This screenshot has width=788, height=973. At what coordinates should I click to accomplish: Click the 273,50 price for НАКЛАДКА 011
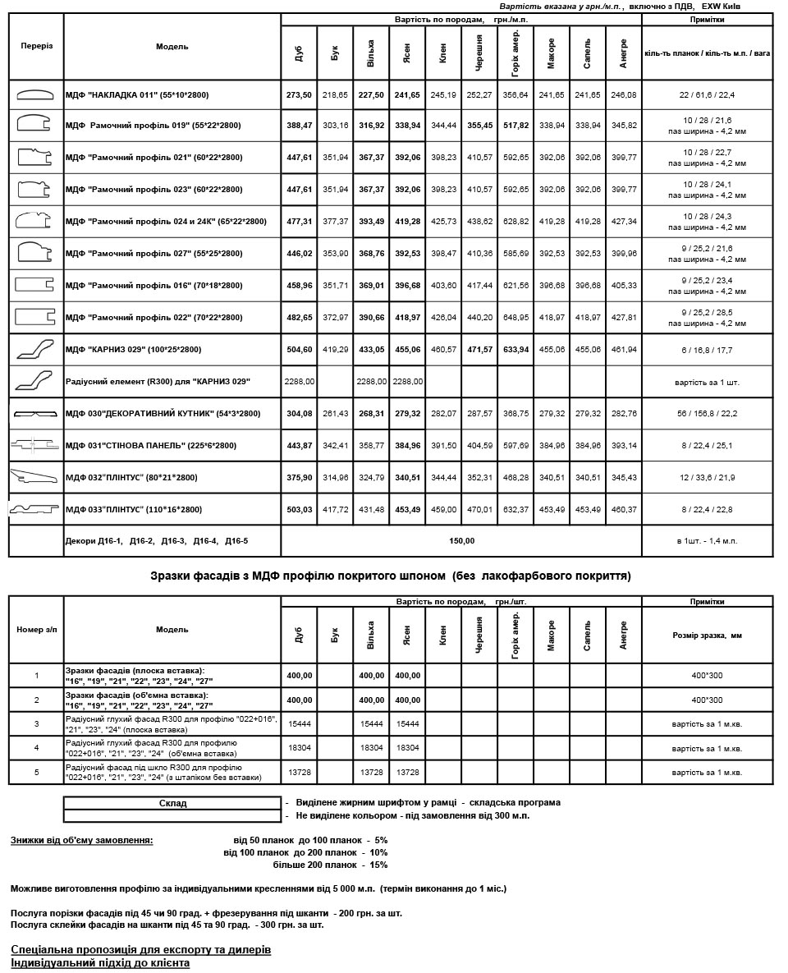[x=298, y=95]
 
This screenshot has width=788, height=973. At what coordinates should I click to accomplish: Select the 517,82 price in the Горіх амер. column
[x=515, y=126]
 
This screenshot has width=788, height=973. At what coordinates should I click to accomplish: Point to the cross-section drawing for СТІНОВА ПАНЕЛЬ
[x=35, y=445]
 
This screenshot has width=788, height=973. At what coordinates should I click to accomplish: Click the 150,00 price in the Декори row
[x=461, y=541]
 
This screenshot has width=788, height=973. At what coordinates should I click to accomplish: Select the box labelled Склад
[x=172, y=803]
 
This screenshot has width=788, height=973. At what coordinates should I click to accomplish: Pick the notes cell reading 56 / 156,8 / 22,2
[x=706, y=414]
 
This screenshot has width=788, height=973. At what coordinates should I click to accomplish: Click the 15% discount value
[x=378, y=865]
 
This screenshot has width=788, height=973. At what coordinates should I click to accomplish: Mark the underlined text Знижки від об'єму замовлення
[x=81, y=841]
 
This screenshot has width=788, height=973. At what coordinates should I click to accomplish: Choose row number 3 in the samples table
[x=36, y=724]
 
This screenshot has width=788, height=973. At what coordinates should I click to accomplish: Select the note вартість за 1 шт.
[x=706, y=382]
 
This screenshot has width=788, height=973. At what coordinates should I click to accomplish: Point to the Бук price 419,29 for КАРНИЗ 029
[x=335, y=350]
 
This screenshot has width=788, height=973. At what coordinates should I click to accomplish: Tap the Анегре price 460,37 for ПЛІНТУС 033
[x=623, y=510]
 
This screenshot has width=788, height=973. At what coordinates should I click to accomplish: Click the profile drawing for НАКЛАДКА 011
[x=35, y=95]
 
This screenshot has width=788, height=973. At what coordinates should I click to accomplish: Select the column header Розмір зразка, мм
[x=706, y=636]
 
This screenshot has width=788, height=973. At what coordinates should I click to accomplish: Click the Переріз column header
[x=36, y=46]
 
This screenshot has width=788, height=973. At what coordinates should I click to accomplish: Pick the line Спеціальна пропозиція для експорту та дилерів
[x=140, y=949]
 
